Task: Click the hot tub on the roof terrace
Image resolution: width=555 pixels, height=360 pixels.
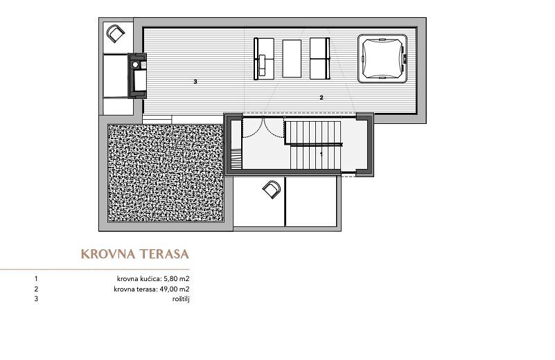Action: point(382,58)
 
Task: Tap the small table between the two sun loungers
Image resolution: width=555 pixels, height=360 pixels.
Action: point(292,58)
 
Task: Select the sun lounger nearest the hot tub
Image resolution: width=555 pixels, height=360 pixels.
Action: point(319,58)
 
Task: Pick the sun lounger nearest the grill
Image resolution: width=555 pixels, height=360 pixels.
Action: point(264,58)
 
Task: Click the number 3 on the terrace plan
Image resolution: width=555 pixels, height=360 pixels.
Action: point(195,82)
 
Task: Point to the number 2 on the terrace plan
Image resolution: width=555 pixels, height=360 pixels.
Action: point(321,98)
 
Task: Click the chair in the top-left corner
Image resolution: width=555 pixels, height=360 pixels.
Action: point(116,34)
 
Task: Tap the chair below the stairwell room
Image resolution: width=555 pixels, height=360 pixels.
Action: point(272,190)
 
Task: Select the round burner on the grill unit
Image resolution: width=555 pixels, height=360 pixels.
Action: point(135,64)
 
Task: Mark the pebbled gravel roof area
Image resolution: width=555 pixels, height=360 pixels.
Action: point(166,173)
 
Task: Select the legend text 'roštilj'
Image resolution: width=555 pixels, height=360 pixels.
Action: point(181,299)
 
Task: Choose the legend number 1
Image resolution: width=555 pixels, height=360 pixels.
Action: point(36,279)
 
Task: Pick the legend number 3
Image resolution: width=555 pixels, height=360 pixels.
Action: point(36,299)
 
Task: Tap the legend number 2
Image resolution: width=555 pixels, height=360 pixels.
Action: point(36,289)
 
